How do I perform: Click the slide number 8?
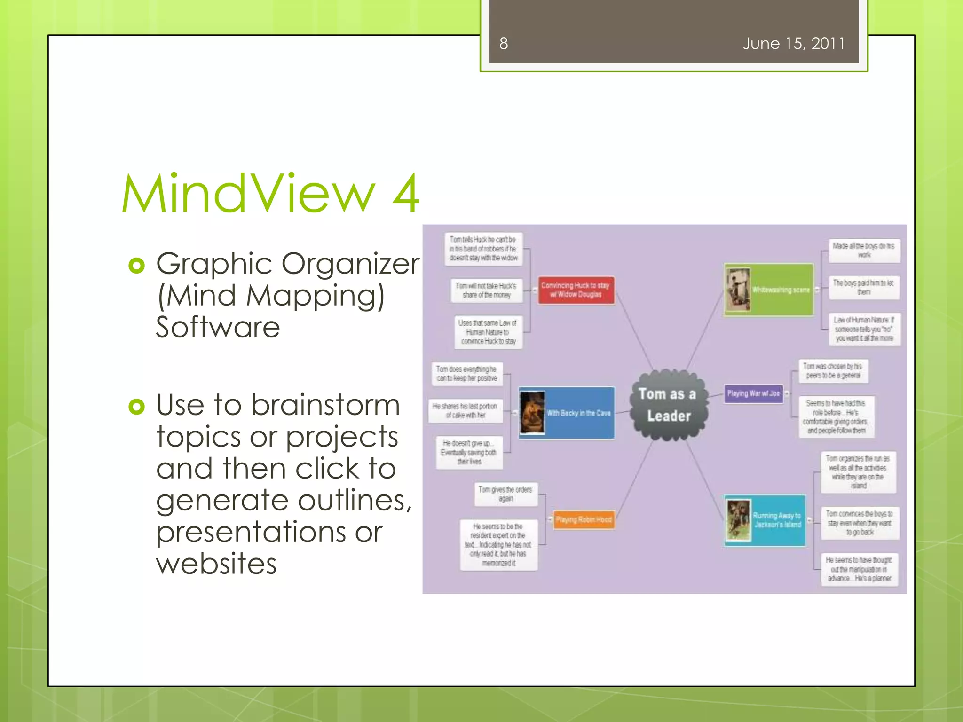click(503, 44)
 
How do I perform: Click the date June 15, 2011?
click(794, 44)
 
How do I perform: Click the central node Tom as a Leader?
click(668, 405)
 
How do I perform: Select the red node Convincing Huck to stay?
click(576, 290)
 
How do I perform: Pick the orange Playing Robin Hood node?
click(584, 519)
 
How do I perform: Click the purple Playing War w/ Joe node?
click(753, 393)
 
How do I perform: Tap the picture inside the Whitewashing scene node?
click(737, 290)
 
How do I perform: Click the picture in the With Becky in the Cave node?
click(532, 413)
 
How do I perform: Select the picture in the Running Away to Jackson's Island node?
click(738, 520)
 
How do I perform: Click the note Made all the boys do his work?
click(863, 250)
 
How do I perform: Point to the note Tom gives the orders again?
click(505, 494)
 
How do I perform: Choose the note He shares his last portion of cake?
click(465, 410)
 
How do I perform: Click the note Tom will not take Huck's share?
click(486, 290)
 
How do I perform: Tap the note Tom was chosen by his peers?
click(833, 370)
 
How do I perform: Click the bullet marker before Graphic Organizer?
click(136, 266)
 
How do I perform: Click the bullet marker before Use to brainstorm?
click(136, 407)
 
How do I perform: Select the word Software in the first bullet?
click(218, 327)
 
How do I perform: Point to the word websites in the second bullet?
click(216, 564)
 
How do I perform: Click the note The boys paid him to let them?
click(863, 287)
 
